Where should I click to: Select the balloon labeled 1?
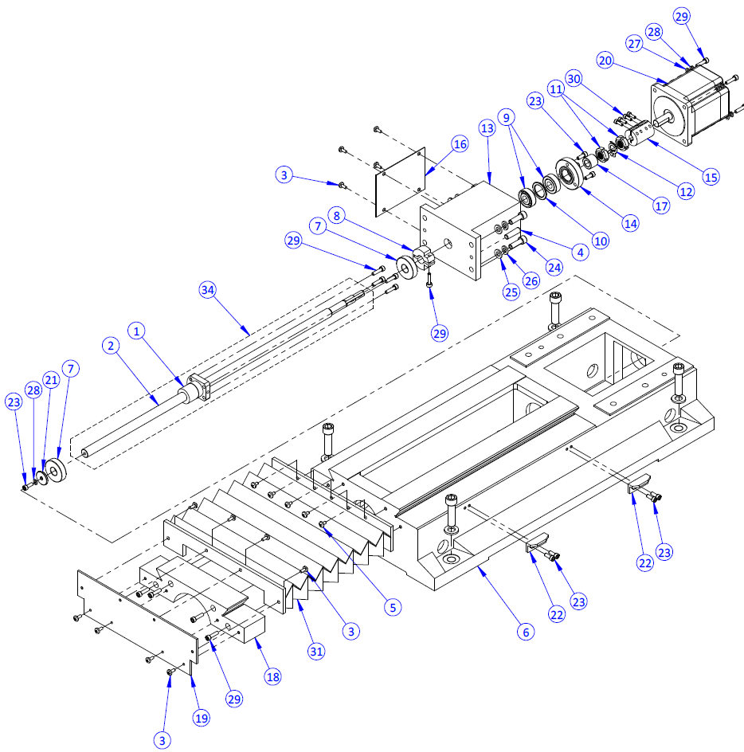[x=137, y=330]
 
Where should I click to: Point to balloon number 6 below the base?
[x=523, y=632]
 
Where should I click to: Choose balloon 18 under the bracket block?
[x=272, y=676]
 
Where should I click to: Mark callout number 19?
[x=202, y=718]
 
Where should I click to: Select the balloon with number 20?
[x=605, y=61]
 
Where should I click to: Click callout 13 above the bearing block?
[x=488, y=128]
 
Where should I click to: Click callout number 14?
[x=631, y=224]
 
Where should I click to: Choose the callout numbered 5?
[x=391, y=606]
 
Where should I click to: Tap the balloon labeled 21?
[x=51, y=382]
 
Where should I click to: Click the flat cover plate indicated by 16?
[x=401, y=181]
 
